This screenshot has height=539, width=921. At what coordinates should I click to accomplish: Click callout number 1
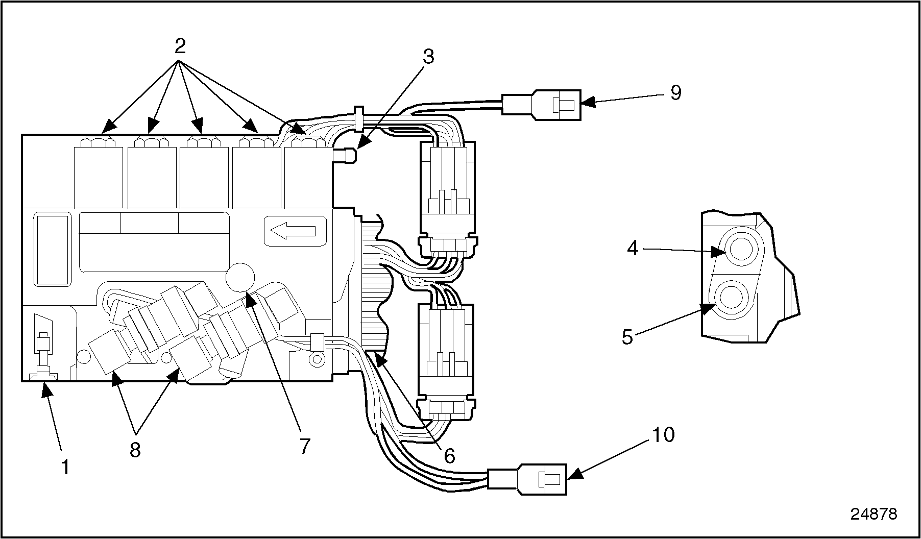click(65, 467)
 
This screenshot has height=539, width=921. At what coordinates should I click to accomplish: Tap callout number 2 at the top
click(180, 46)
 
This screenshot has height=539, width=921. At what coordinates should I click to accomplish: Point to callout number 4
click(633, 249)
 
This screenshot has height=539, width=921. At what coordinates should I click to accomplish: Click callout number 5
click(627, 336)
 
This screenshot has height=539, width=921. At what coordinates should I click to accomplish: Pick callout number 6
click(449, 456)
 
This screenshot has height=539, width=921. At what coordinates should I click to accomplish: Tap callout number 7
click(305, 446)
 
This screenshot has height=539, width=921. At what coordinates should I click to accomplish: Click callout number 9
click(675, 93)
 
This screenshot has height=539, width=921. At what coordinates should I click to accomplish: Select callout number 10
click(663, 435)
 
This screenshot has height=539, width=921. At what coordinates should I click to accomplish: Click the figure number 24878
click(874, 514)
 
